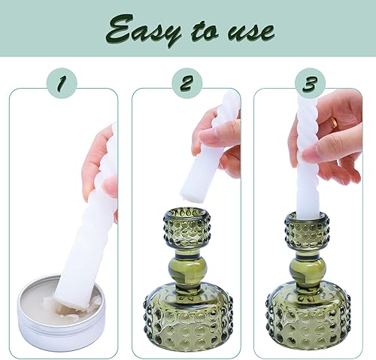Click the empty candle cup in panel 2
[x=186, y=226]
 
